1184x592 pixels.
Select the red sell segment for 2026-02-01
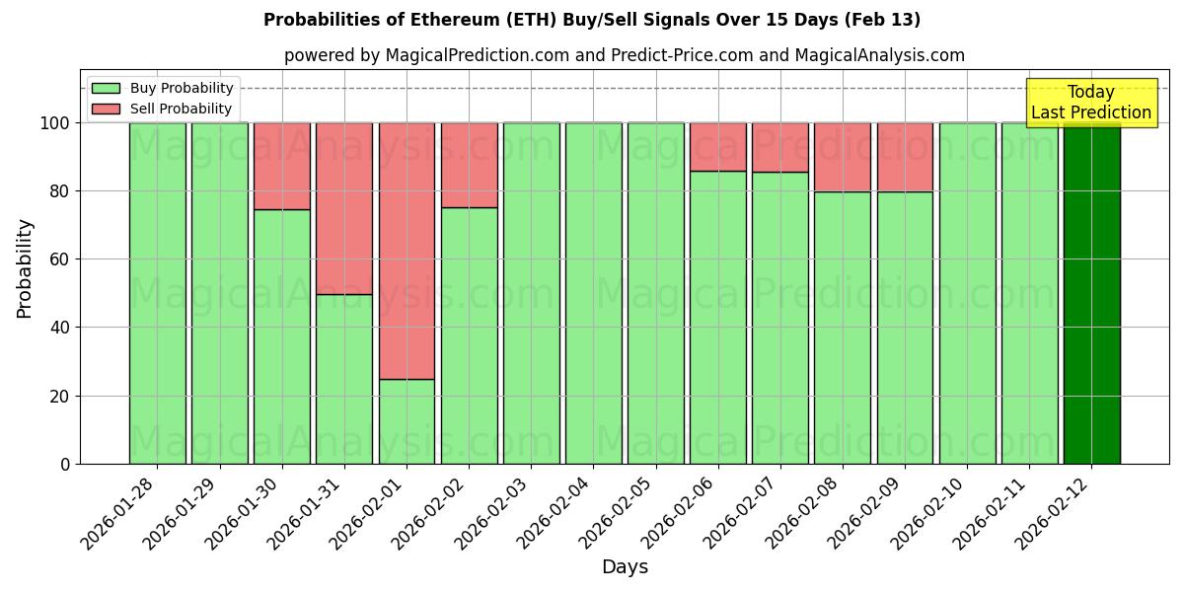click(407, 251)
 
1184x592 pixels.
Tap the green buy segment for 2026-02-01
click(407, 421)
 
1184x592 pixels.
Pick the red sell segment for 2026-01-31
click(344, 208)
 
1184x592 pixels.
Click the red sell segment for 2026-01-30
click(282, 166)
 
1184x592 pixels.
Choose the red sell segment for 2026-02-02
click(469, 165)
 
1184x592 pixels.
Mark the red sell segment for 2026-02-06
click(718, 147)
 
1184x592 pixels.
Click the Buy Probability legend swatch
click(106, 88)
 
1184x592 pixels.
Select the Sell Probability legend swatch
click(106, 109)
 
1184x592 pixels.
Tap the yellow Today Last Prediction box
click(1091, 103)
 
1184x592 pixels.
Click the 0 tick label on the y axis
click(65, 464)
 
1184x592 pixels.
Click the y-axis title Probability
click(25, 268)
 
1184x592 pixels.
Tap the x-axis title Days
click(625, 567)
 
